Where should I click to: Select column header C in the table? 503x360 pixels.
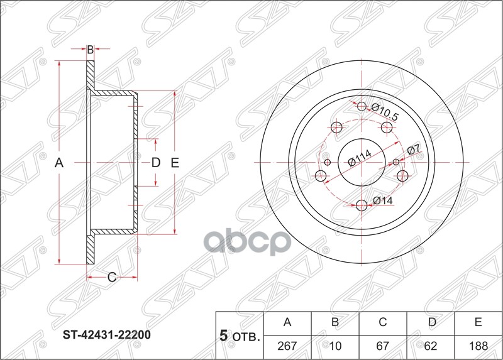tap(382, 323)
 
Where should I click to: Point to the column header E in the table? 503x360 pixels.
tap(478, 323)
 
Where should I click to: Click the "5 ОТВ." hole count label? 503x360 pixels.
tap(238, 335)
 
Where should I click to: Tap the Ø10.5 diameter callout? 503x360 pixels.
tap(385, 112)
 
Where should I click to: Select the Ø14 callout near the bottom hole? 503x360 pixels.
tap(382, 200)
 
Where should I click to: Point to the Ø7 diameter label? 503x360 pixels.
tap(412, 150)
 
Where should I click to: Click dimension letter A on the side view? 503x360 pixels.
tap(59, 163)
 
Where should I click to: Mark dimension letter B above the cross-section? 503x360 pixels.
tap(90, 50)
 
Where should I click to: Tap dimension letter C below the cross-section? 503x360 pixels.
tap(111, 276)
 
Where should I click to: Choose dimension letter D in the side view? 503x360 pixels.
tap(156, 163)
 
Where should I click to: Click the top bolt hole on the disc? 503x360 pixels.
tap(362, 107)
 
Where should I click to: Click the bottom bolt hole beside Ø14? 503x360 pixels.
tap(362, 205)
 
